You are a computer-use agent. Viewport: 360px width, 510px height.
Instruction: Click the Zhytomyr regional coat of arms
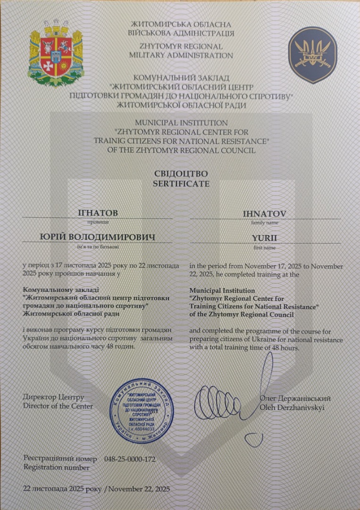coord(56,52)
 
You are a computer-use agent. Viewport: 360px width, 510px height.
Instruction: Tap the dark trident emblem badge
coord(312,55)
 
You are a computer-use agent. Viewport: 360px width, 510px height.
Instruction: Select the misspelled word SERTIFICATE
coord(181,184)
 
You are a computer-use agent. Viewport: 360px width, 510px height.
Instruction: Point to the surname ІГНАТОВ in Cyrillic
coord(98,213)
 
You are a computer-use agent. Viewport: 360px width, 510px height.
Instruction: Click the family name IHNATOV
coord(264,213)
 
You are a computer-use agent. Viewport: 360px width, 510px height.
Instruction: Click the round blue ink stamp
coord(142,410)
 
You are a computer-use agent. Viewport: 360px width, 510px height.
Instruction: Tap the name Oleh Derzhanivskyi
coord(292,408)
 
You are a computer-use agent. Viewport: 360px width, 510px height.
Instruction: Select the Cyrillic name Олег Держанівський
coord(295,398)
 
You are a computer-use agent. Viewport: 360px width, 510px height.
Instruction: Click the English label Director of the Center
coord(58,406)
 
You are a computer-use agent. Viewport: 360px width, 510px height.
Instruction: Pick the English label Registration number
coord(56,467)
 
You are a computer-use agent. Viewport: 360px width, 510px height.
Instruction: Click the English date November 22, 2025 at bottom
coord(139,489)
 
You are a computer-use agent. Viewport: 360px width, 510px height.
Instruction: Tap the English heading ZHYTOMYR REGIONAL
coord(181,47)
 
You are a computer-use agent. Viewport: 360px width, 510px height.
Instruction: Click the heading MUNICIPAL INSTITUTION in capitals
coord(181,123)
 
